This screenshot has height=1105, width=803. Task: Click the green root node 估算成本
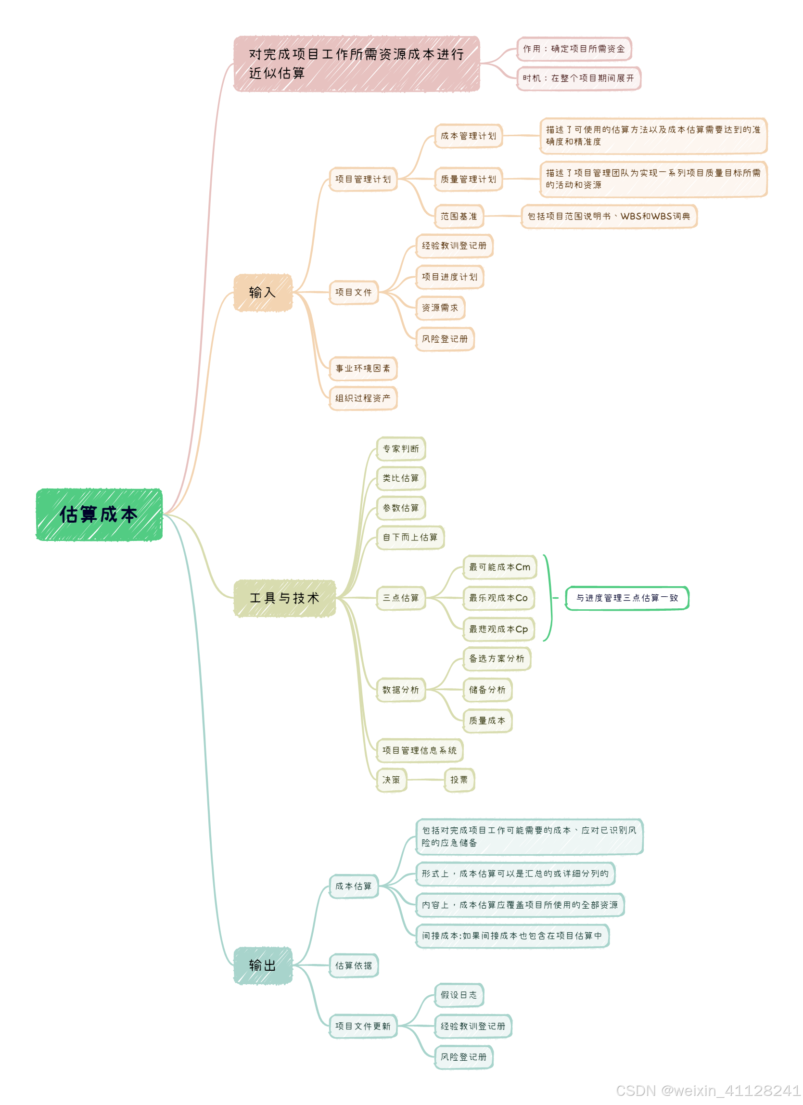(99, 514)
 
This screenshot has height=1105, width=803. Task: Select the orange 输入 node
(263, 292)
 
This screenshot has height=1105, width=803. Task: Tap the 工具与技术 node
(285, 598)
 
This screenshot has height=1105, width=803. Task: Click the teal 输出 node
(263, 965)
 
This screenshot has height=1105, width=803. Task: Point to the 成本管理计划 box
(469, 136)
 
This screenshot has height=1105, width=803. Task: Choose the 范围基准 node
(459, 216)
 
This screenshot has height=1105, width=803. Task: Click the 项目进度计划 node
(449, 277)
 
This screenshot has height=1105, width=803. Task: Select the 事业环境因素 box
(363, 368)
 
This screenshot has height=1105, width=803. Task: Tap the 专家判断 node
(401, 449)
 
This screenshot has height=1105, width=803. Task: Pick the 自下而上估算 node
(410, 538)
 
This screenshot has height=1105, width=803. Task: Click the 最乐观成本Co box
(498, 598)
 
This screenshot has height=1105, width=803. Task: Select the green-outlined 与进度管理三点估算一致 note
(627, 598)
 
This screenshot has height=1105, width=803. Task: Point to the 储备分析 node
(487, 690)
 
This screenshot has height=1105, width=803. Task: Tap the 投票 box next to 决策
(459, 780)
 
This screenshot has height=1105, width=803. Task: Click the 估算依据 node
(354, 965)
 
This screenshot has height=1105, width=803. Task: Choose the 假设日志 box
(459, 995)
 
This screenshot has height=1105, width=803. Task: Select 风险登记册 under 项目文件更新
(464, 1057)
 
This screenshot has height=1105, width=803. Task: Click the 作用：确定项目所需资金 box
(574, 49)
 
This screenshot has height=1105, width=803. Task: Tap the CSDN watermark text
(709, 1091)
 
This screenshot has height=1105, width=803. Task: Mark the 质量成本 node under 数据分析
(487, 720)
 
